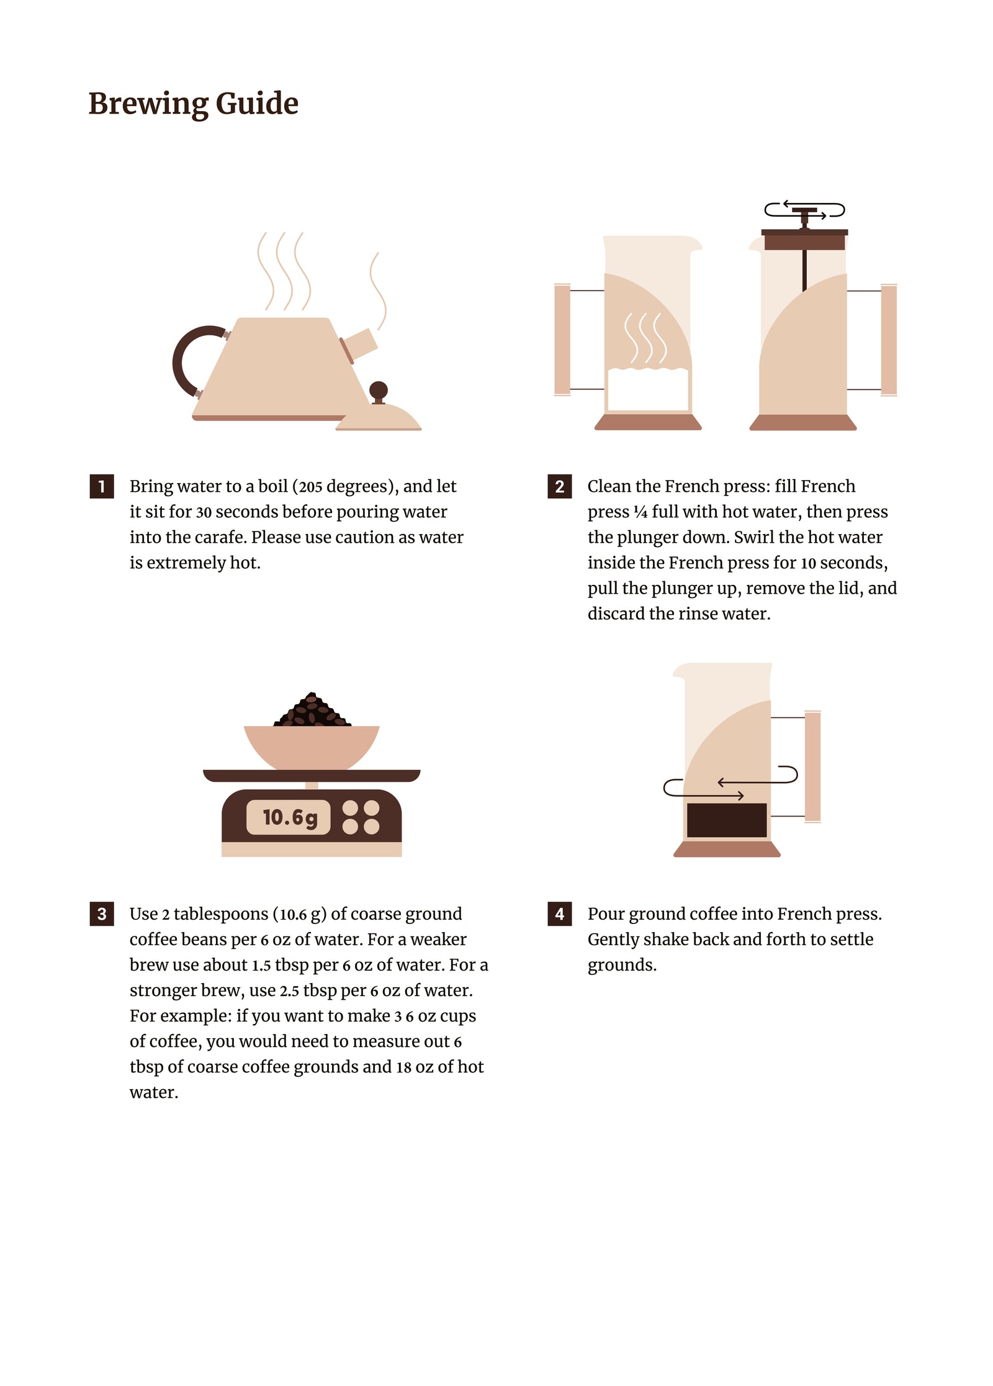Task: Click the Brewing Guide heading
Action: (193, 104)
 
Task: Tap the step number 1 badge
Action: (102, 486)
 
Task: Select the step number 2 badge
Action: (559, 486)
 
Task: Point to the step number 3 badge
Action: (102, 913)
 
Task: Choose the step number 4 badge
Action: (559, 913)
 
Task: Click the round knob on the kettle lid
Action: (379, 391)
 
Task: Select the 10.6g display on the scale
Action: (289, 817)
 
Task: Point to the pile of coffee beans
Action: (312, 710)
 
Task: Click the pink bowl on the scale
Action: (312, 747)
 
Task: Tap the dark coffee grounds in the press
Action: (727, 820)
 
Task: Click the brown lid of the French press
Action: (804, 240)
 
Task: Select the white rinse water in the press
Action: (648, 389)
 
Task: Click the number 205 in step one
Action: (311, 487)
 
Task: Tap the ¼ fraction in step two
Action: (640, 512)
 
